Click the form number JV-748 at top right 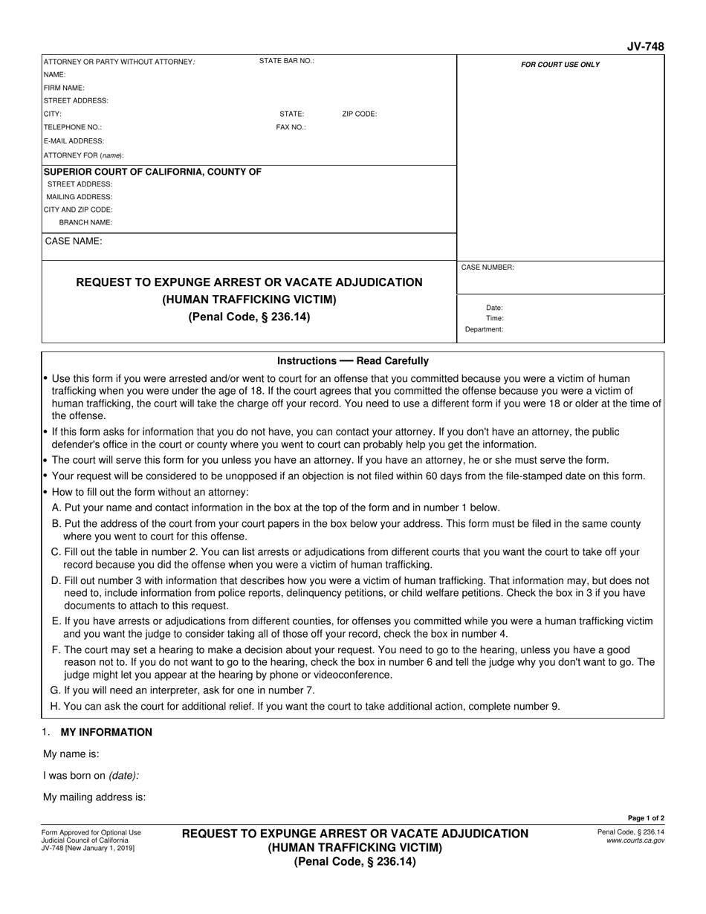click(645, 46)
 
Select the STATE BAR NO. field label click(286, 61)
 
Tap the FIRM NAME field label click(64, 88)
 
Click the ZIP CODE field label click(359, 114)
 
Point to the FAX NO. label click(291, 128)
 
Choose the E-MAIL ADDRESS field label click(74, 140)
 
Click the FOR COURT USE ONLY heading click(560, 65)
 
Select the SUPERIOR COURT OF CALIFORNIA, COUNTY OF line click(152, 172)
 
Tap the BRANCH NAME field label click(85, 222)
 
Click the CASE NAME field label click(74, 242)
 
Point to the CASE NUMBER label click(488, 268)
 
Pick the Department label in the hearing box click(484, 329)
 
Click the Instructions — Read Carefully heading click(352, 361)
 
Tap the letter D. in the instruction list click(56, 580)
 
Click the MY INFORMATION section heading click(106, 732)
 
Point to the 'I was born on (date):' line click(91, 776)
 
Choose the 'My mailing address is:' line click(94, 797)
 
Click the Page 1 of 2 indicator click(646, 817)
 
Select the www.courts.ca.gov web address click(635, 840)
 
